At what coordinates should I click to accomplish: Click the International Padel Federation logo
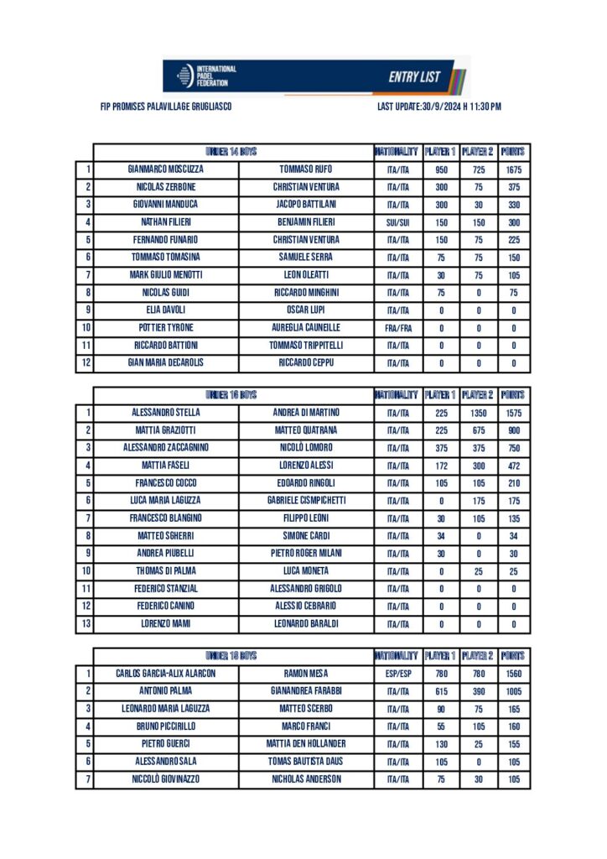click(x=206, y=75)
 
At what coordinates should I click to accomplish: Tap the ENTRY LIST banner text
click(x=413, y=77)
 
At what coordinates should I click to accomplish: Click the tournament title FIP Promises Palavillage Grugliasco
click(x=166, y=107)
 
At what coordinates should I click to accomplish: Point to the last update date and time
click(x=439, y=107)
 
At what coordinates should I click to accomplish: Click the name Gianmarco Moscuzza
click(x=165, y=169)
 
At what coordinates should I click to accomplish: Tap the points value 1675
click(x=514, y=169)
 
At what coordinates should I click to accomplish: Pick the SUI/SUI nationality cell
click(x=397, y=222)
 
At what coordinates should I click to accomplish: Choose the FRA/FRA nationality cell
click(x=397, y=328)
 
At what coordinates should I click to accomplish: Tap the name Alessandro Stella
click(x=165, y=413)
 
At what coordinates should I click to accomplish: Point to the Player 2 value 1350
click(x=478, y=413)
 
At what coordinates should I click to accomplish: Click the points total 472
click(x=514, y=466)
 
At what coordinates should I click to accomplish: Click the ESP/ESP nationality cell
click(x=397, y=674)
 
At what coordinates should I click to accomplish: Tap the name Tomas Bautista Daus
click(x=306, y=762)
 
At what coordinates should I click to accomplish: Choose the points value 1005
click(x=514, y=691)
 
